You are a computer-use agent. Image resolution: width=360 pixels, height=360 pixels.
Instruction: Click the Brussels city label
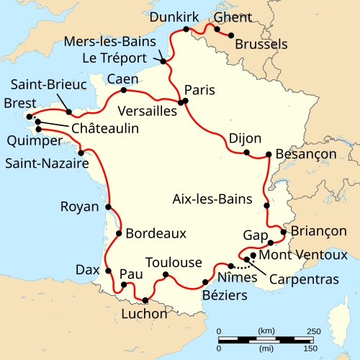point(260,45)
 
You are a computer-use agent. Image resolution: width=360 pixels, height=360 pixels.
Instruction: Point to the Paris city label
point(199,89)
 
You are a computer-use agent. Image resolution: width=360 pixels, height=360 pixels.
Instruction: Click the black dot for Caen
point(124,90)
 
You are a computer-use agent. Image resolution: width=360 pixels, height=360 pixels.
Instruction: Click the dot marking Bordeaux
point(118,233)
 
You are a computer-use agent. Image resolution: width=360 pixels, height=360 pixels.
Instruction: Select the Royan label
point(80,207)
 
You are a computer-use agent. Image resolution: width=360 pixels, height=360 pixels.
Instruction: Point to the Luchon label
point(144,314)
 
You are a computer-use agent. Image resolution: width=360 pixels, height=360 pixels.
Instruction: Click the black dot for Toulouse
point(166,274)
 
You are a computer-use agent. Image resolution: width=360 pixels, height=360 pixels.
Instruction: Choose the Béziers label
point(225,296)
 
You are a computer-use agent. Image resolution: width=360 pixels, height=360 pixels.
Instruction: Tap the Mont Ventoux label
point(302,255)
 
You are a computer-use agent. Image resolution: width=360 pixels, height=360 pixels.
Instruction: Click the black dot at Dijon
point(246,153)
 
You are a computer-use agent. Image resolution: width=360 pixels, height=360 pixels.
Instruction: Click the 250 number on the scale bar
point(313,331)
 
